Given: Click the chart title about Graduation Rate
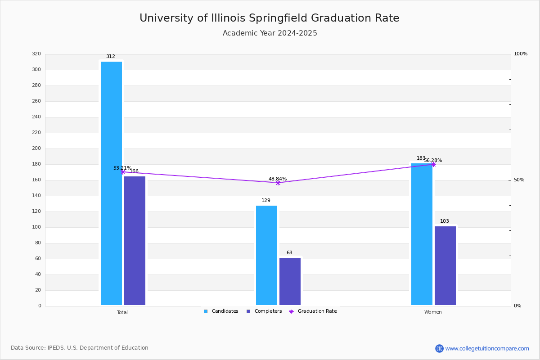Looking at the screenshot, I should coord(269,18).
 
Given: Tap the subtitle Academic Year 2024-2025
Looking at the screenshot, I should coord(270,33).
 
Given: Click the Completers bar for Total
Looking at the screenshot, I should coord(135,241).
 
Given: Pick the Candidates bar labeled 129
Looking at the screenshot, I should coord(266,255).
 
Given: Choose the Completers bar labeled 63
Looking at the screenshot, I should coord(290,281).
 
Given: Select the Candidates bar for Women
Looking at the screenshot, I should coord(422,234).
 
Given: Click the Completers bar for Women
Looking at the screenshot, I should coord(445,265).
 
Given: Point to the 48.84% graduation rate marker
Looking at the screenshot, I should coord(278,183).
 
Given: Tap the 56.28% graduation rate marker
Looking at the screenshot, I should coord(433,164).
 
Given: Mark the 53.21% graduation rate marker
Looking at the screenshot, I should coord(123,172).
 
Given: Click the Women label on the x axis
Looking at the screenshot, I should coord(433,312).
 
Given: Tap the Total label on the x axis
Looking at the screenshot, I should coord(122,312).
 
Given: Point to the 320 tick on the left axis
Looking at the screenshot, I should coord(36,54).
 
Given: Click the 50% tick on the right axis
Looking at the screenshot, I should coord(519,180).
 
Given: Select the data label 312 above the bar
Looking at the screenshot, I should coord(111,57).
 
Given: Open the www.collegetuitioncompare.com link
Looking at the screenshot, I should coord(487,348).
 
